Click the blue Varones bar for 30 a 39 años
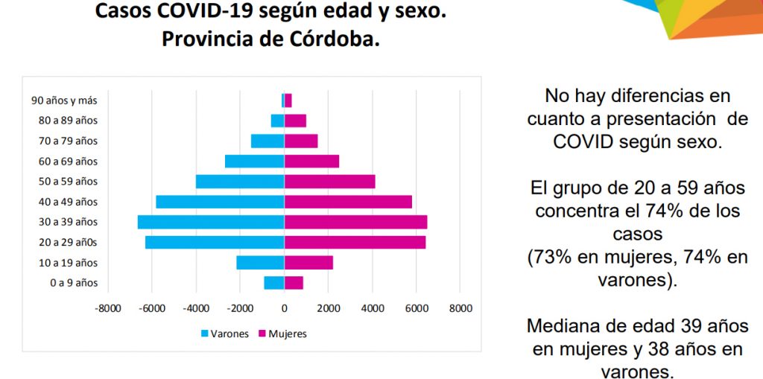point(211,222)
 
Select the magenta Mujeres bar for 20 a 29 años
point(355,242)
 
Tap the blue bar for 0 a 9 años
point(274,282)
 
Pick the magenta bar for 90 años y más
point(288,100)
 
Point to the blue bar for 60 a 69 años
point(255,161)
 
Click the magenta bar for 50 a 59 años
point(329,181)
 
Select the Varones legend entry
point(224,334)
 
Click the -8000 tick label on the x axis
point(108,308)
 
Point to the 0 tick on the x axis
point(284,308)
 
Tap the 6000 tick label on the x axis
point(417,308)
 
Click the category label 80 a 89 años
point(69,121)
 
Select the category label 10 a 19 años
point(69,263)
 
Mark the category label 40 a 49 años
point(69,202)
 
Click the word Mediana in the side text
point(562,326)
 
